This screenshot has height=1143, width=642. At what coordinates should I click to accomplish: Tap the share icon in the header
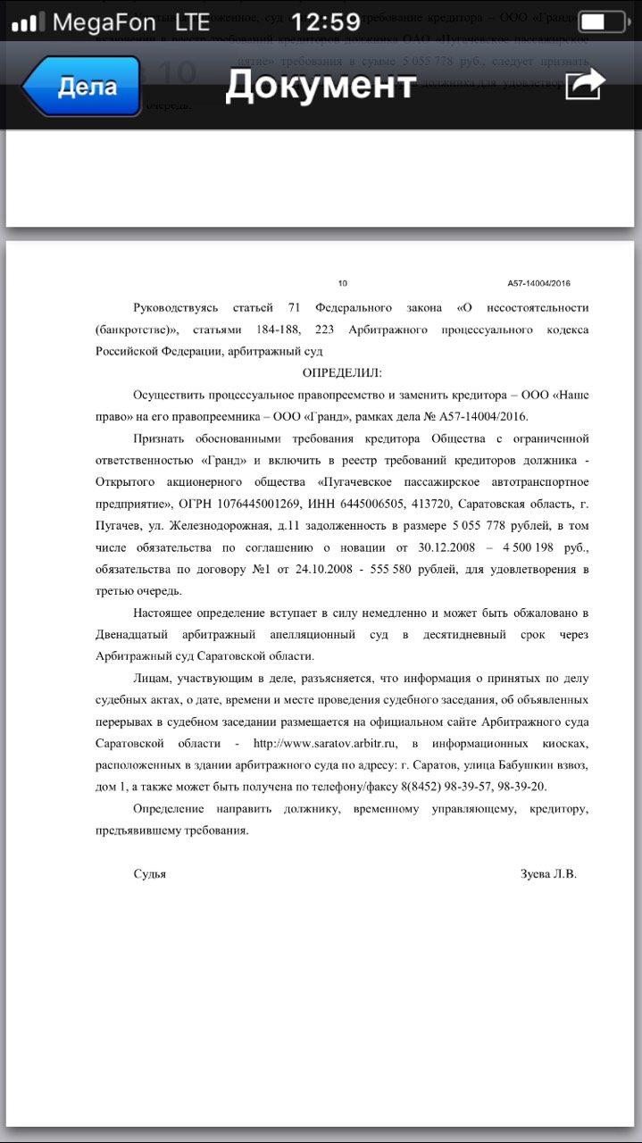pyautogui.click(x=585, y=86)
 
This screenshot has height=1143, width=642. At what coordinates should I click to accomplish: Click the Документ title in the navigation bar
pyautogui.click(x=321, y=86)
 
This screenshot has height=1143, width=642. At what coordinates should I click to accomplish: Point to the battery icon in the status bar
pyautogui.click(x=601, y=21)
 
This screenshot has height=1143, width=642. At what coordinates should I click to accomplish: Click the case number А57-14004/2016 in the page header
pyautogui.click(x=538, y=283)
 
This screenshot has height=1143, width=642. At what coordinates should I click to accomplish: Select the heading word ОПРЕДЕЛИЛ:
pyautogui.click(x=342, y=373)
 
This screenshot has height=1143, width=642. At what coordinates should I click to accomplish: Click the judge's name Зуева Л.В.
pyautogui.click(x=548, y=874)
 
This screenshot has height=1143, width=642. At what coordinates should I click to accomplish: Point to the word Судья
pyautogui.click(x=149, y=874)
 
